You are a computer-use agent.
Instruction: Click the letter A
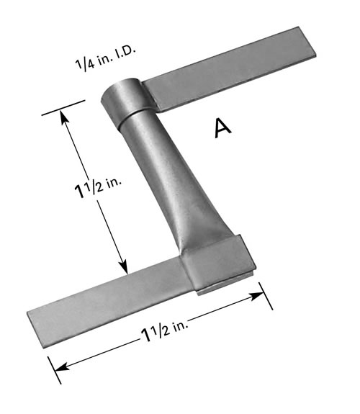tap(222, 127)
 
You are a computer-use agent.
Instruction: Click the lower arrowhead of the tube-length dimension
tap(124, 266)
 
